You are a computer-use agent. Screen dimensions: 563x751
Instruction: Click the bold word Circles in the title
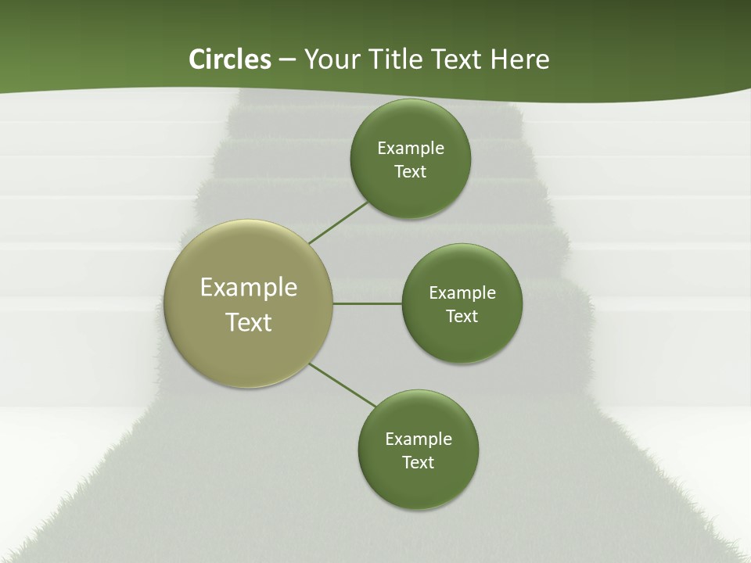pos(230,59)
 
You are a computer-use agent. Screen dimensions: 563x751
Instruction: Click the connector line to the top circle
pos(338,222)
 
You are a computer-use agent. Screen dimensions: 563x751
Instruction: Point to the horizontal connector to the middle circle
pos(367,303)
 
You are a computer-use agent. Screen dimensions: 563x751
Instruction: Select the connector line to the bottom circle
pos(343,385)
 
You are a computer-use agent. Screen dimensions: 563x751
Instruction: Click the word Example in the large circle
pos(249,288)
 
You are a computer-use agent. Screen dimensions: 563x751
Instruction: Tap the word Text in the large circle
pos(249,322)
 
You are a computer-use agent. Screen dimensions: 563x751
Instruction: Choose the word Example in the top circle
pos(411,149)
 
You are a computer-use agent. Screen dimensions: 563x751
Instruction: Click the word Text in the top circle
pos(411,172)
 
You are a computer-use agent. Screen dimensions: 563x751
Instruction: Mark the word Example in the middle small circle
pos(462,293)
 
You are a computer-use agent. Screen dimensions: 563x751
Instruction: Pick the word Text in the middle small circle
pos(462,317)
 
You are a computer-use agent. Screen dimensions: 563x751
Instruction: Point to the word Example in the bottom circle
pos(419,439)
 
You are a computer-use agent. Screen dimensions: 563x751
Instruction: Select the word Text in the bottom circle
pos(419,463)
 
